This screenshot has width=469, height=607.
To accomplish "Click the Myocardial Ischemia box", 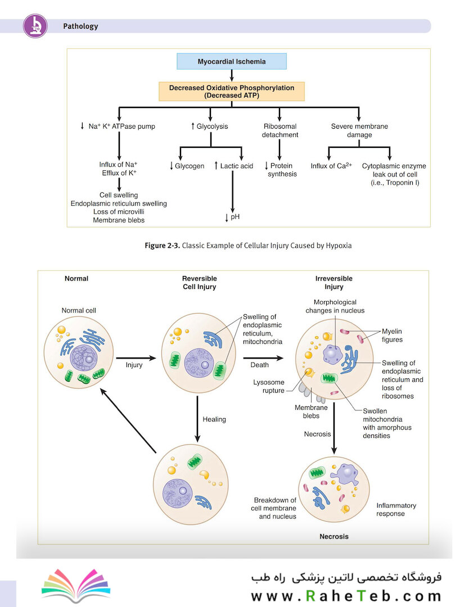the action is point(232,62).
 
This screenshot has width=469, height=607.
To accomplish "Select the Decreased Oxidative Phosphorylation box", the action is point(232,92).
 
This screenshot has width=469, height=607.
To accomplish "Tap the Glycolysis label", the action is point(210,126).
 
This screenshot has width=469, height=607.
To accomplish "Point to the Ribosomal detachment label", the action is point(280,130).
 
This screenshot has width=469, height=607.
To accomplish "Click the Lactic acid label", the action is point(234,166).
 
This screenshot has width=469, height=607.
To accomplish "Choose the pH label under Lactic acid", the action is point(232,217).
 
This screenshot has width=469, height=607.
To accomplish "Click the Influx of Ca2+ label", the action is point(331,166).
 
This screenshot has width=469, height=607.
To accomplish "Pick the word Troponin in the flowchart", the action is point(400,183).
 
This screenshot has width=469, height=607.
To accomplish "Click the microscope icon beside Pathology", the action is point(35,26).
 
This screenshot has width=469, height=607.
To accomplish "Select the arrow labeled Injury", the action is point(136,358).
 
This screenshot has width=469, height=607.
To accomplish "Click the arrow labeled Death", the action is point(263,358).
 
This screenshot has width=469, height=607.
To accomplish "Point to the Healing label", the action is point(214,419).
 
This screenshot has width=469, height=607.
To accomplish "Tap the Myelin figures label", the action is point(392,335).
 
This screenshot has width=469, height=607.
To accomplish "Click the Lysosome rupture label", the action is point(269,386).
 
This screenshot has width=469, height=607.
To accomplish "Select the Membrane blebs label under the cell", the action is point(311,411).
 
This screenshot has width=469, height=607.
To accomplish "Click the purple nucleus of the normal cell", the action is point(84,359).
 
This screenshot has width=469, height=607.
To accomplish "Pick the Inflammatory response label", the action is point(396,509).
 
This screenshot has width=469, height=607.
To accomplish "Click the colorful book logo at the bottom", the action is point(76,585).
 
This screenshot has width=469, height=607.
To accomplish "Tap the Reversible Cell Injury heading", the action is point(200,283).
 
